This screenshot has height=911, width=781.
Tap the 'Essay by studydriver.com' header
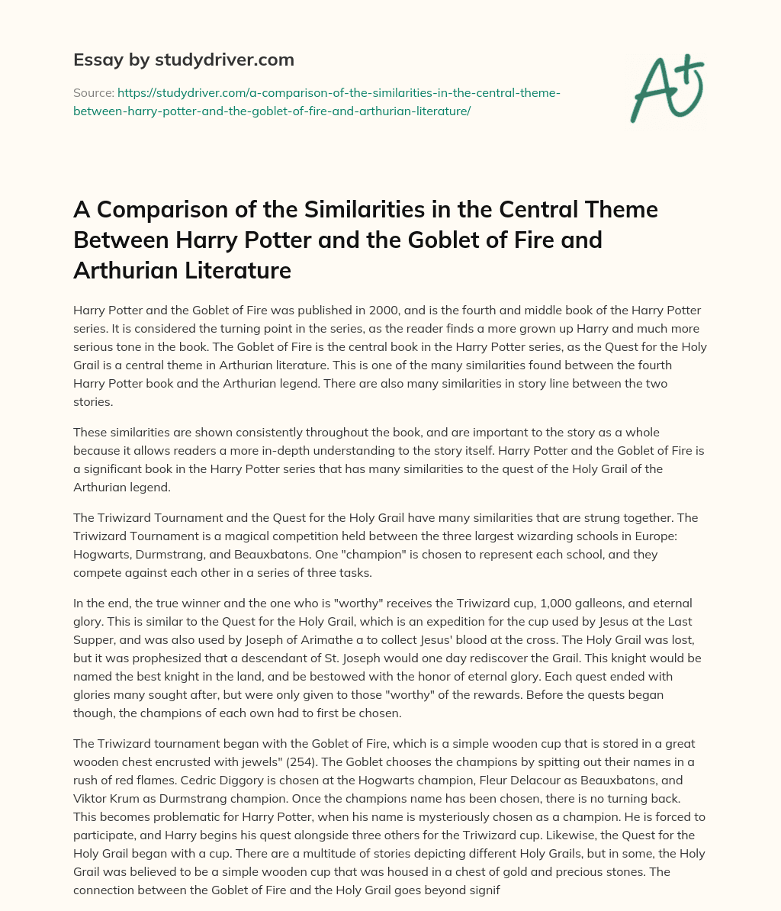[x=183, y=60]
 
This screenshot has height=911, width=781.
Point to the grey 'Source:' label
[x=93, y=92]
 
